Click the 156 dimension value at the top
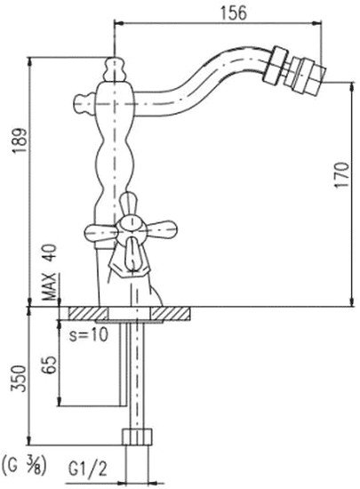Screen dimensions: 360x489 (x=234, y=13)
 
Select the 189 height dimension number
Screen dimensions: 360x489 (x=20, y=140)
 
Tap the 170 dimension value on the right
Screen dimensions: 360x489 (x=342, y=174)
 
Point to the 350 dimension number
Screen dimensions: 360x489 (x=19, y=378)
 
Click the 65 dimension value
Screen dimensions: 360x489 (x=50, y=364)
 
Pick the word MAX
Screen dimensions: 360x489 (x=49, y=285)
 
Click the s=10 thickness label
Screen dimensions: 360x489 (x=89, y=334)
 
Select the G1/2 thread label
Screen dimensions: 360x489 (x=87, y=469)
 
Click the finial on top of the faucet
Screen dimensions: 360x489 (x=115, y=69)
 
